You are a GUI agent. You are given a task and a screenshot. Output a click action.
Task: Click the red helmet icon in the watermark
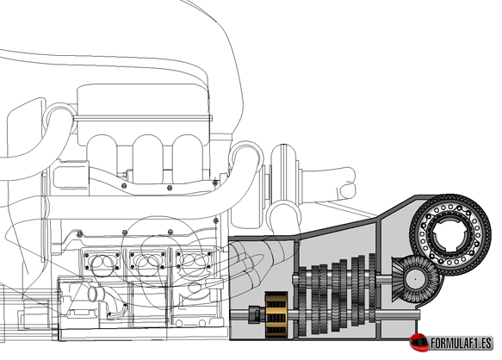(x=419, y=343)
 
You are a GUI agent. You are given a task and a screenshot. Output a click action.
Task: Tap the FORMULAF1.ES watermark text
(x=461, y=344)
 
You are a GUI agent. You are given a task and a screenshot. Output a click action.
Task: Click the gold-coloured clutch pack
(x=276, y=314)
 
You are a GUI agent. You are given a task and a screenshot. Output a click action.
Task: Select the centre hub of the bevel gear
(x=415, y=279)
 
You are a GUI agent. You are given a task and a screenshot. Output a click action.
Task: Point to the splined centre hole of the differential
(x=450, y=235)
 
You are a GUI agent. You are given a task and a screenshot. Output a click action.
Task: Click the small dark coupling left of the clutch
(x=256, y=314)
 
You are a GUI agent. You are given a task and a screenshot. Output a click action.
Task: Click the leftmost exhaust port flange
(x=102, y=261)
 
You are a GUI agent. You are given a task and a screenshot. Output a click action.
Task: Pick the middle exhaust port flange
(x=147, y=260)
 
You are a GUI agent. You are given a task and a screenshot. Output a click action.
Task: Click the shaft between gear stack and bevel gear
(x=384, y=280)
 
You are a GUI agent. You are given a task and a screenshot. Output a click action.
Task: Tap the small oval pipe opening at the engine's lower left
(x=93, y=294)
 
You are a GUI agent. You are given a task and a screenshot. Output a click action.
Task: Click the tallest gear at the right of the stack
(x=372, y=288)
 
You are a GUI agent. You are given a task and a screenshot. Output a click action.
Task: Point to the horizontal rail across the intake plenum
(x=143, y=118)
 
